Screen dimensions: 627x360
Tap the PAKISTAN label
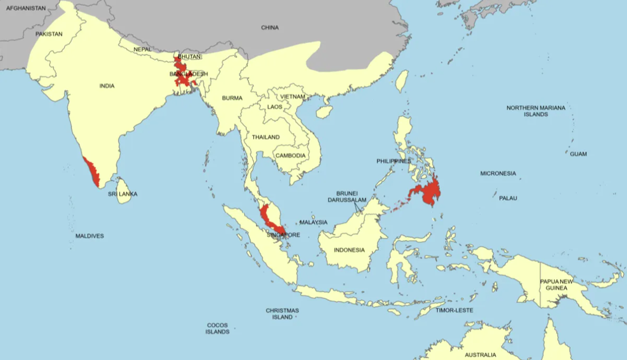tap(49, 34)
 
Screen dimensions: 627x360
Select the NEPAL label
tap(142, 49)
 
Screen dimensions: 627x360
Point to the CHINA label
tap(270, 27)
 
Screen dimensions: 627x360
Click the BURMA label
tap(232, 98)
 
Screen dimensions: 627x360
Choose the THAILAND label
tap(265, 137)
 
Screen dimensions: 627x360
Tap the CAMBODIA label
tap(290, 155)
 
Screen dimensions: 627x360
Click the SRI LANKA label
tap(123, 194)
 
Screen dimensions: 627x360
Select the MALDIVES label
tap(89, 236)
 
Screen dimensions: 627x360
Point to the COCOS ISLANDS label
tap(217, 328)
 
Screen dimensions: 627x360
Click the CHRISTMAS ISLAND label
tap(282, 313)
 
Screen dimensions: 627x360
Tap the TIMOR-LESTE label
tap(454, 310)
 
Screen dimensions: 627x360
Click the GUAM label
tap(578, 154)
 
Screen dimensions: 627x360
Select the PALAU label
tap(508, 198)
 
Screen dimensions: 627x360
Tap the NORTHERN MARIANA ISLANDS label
tap(536, 111)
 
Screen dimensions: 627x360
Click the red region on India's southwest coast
tap(93, 172)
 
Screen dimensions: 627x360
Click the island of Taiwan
tap(403, 80)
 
